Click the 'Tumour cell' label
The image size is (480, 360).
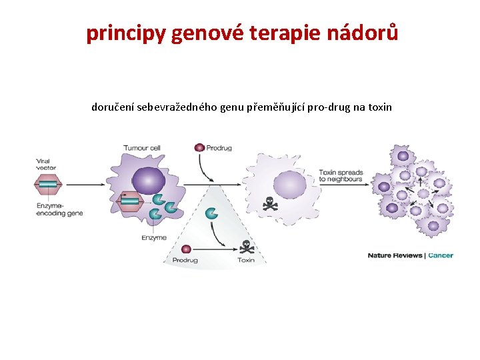coord(141,147)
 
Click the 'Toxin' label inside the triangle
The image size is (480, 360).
coord(246,260)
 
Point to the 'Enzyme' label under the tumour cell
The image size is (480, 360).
coord(154,237)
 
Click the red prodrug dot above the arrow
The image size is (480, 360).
coord(199,148)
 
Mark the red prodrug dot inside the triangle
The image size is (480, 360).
coord(186,248)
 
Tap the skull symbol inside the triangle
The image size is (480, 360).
coord(247,247)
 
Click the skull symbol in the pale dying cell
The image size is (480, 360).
coord(270,203)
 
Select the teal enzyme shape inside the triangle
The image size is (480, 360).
coord(212,213)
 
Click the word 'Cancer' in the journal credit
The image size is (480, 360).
coord(441,255)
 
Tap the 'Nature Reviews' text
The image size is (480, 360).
coord(395,255)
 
